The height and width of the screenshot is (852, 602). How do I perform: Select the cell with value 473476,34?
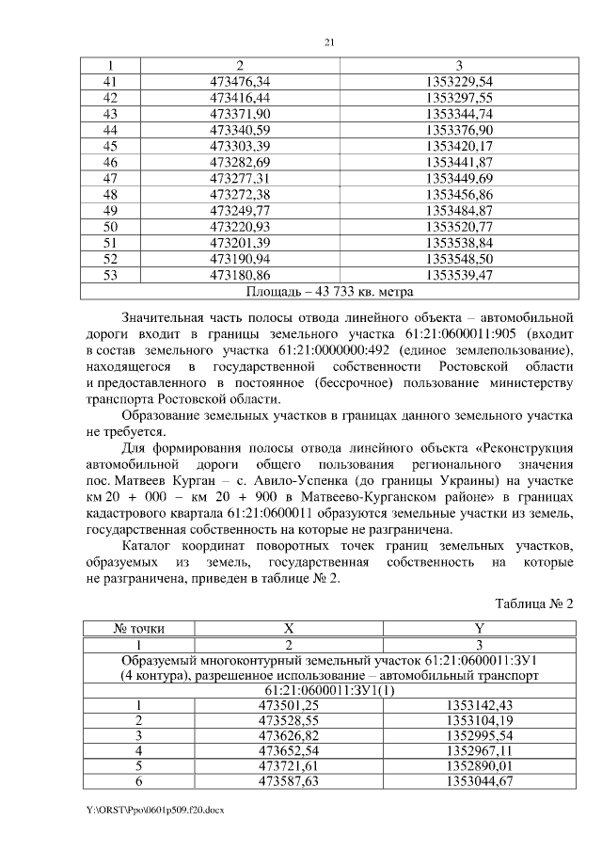[x=240, y=82]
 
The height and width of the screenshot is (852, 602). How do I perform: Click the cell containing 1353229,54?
[x=458, y=82]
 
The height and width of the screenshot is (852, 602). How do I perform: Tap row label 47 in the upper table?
[x=110, y=178]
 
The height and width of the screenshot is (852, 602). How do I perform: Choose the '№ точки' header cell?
[x=134, y=629]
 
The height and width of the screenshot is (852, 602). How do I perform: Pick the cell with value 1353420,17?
[x=458, y=146]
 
